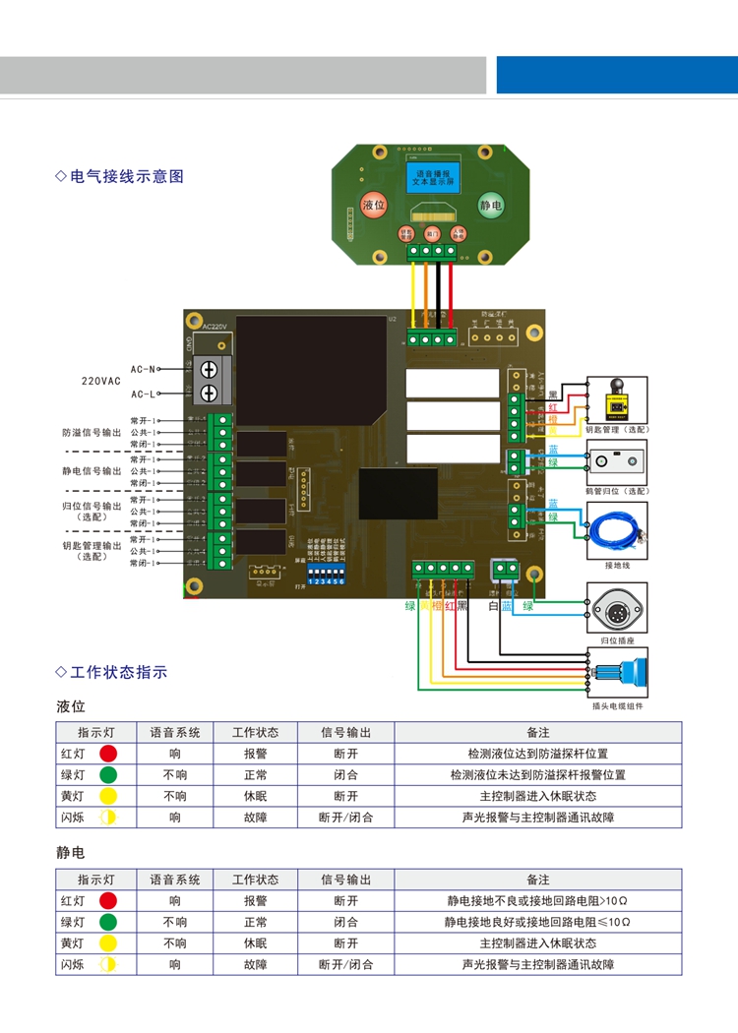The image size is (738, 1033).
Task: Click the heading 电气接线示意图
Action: tap(127, 177)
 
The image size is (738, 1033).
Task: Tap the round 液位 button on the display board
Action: tap(373, 206)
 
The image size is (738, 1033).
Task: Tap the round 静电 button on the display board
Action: tap(490, 206)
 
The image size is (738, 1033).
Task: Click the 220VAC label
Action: tap(100, 381)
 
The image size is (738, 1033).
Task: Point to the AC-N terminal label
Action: tap(143, 369)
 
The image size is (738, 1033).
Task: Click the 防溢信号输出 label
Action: tap(92, 433)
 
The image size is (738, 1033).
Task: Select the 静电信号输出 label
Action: tap(92, 471)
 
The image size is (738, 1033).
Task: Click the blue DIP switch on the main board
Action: tap(326, 574)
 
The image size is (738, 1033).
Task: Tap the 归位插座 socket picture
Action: tap(617, 609)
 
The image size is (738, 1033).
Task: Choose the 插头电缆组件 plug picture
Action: tap(617, 674)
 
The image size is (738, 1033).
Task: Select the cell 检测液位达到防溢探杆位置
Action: tap(537, 754)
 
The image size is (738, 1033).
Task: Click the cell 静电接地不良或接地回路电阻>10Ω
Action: tap(537, 901)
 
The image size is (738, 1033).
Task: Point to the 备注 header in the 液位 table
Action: tap(537, 733)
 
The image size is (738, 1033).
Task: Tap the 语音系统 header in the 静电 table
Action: tap(175, 880)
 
